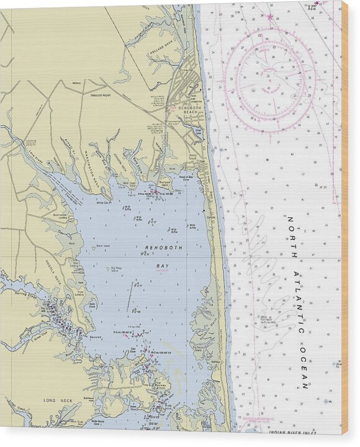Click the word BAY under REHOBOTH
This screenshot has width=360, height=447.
(x=161, y=264)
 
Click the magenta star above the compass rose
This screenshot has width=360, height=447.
(x=270, y=17)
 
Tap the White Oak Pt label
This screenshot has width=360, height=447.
(x=104, y=202)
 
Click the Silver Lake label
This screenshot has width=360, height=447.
(x=198, y=131)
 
